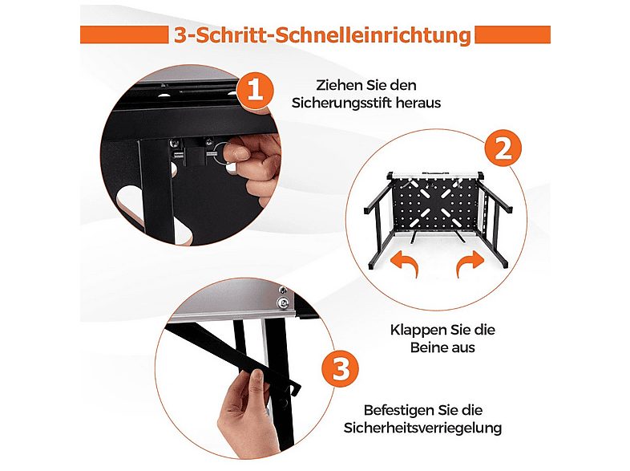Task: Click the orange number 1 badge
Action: (255, 90)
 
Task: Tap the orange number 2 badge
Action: (503, 148)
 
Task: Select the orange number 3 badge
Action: (341, 368)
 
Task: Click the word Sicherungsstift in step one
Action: (341, 103)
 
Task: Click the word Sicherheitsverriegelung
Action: (422, 428)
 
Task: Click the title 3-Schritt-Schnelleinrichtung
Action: (322, 35)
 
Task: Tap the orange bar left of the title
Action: (124, 35)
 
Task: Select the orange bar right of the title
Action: (513, 35)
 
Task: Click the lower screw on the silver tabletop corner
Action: (284, 302)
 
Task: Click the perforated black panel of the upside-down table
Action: (436, 205)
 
